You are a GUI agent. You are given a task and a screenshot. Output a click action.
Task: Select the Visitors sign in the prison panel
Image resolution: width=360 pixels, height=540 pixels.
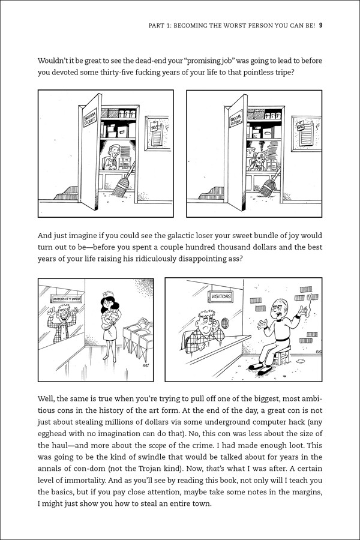221,296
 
